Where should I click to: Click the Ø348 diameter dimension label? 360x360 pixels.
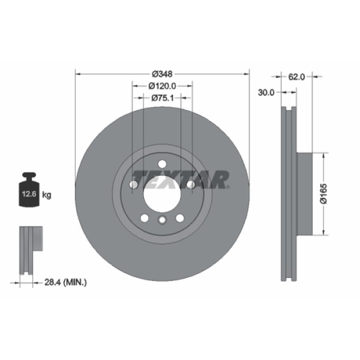click(162, 74)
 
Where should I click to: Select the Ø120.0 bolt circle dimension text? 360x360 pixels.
click(162, 86)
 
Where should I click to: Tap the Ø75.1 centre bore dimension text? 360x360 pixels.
click(162, 97)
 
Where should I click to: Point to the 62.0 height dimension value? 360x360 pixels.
click(297, 77)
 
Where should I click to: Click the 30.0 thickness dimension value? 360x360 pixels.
click(266, 92)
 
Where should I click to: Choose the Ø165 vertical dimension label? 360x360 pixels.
click(324, 193)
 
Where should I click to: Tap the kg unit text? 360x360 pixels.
click(46, 194)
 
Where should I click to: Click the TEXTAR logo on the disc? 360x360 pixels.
click(181, 179)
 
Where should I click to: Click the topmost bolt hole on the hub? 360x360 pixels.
click(162, 164)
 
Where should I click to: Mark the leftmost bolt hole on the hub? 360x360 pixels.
click(133, 185)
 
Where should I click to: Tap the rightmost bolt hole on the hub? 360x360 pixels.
click(191, 185)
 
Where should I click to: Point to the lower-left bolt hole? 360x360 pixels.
click(144, 218)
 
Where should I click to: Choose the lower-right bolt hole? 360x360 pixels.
click(180, 218)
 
